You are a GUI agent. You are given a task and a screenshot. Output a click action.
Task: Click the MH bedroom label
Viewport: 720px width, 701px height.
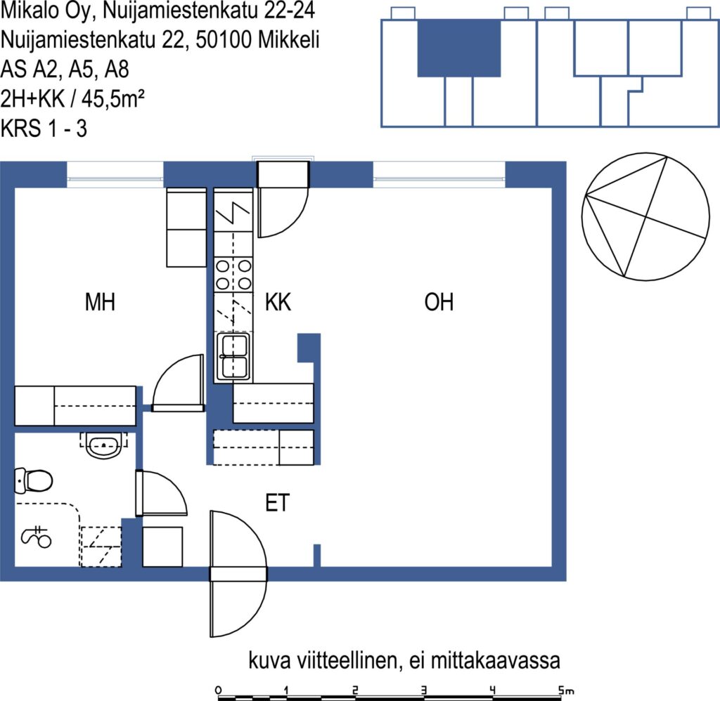(100, 302)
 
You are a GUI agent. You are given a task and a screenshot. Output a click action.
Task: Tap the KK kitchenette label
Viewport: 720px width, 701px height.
(278, 302)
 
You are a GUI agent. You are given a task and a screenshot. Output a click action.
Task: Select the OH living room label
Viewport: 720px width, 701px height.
(439, 302)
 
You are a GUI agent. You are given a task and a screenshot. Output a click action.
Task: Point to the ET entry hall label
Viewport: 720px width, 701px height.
(277, 503)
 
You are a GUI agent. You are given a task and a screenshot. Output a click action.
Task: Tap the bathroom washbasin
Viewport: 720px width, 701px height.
(104, 445)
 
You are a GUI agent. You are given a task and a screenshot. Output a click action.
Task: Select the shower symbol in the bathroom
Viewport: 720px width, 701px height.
(37, 537)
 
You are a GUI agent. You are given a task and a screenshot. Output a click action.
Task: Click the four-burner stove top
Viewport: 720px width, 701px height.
(233, 275)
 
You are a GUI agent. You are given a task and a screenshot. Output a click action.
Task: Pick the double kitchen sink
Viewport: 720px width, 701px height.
(233, 357)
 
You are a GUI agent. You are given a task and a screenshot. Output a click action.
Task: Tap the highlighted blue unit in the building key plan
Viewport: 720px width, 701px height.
(458, 48)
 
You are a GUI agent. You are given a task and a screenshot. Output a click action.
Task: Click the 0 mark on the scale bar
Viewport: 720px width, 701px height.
(218, 690)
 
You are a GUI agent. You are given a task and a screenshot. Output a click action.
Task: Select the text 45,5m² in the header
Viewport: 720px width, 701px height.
(113, 98)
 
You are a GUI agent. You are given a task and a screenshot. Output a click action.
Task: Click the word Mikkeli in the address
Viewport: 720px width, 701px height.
(288, 39)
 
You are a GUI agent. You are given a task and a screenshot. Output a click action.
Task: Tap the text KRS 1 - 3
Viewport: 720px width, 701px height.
(44, 128)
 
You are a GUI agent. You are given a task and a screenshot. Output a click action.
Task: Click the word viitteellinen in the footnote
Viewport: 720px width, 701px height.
(348, 661)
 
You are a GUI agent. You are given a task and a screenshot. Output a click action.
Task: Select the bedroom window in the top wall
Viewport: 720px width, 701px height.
(115, 174)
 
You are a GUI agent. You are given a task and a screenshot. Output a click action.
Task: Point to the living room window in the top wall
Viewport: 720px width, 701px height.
(439, 174)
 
